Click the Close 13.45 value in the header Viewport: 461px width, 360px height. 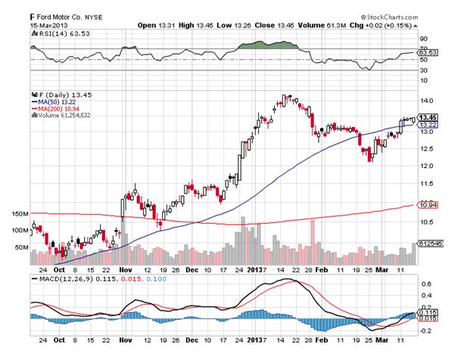point(269,25)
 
